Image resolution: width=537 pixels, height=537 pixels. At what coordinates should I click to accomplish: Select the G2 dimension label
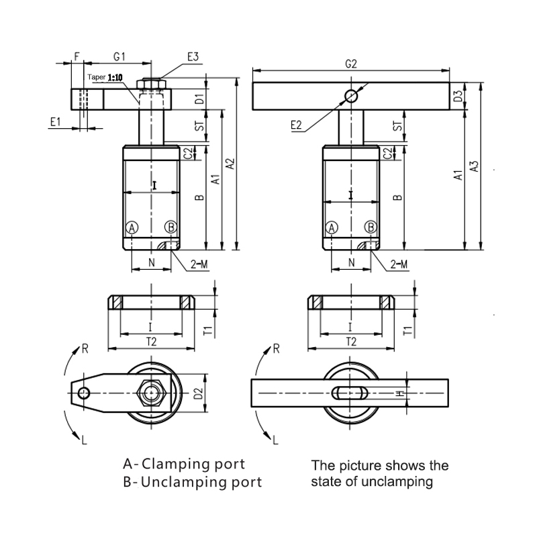(350, 64)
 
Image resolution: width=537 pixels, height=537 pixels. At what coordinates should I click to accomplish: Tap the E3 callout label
(193, 58)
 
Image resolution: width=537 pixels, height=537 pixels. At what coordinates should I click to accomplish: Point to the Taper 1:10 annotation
(105, 78)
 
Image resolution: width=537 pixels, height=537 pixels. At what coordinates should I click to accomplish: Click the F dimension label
(77, 57)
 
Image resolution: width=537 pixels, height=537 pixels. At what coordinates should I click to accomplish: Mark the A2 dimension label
(230, 163)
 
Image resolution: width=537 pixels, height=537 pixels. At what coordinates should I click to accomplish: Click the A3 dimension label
(475, 166)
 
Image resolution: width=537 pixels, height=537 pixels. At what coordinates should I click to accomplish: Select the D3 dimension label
(458, 97)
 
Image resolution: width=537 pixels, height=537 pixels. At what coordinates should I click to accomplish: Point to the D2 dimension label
(198, 393)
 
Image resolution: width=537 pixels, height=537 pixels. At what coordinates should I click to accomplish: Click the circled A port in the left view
(132, 228)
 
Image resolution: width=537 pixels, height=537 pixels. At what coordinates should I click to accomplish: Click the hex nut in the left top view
(153, 393)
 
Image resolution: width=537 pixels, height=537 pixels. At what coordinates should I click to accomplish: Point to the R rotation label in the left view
(85, 348)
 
